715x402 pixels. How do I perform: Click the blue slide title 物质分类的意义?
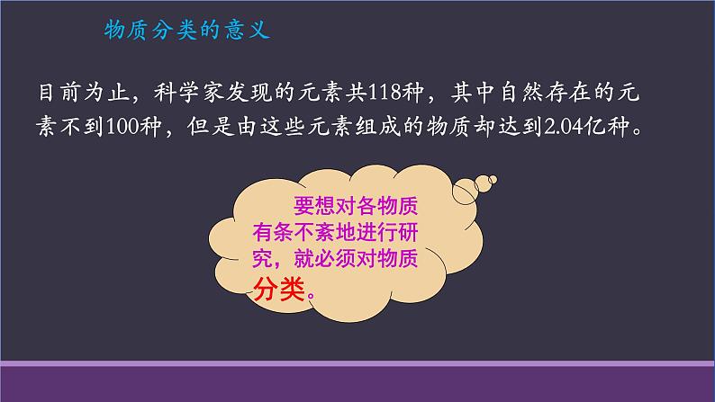tap(187, 31)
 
